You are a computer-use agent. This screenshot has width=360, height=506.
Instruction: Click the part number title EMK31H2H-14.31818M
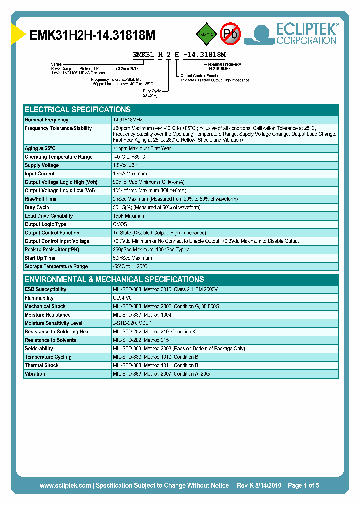pos(93,35)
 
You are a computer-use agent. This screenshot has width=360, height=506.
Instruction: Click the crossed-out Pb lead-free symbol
pos(231,34)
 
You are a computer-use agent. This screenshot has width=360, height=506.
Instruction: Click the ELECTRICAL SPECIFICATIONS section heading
pos(78,109)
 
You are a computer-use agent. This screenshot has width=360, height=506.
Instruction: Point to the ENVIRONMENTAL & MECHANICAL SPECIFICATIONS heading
pos(114,279)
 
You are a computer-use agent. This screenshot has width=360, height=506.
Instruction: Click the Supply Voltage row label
pos(42,165)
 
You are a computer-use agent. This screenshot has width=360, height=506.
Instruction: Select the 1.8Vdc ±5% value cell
pos(126,165)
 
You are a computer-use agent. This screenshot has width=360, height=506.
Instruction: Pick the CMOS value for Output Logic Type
pos(120,224)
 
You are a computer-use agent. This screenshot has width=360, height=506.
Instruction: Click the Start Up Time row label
pos(40,258)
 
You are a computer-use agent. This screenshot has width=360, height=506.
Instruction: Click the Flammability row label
pos(39,298)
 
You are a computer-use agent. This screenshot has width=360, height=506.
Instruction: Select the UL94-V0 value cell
pos(123,298)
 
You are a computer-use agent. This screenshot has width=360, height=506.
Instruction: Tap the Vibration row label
pos(35,374)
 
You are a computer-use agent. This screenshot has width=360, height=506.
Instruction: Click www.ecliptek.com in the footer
pos(65,485)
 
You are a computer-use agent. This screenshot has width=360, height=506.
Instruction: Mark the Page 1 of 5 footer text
pos(303,485)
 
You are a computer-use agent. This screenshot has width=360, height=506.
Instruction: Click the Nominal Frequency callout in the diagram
pos(225,64)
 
